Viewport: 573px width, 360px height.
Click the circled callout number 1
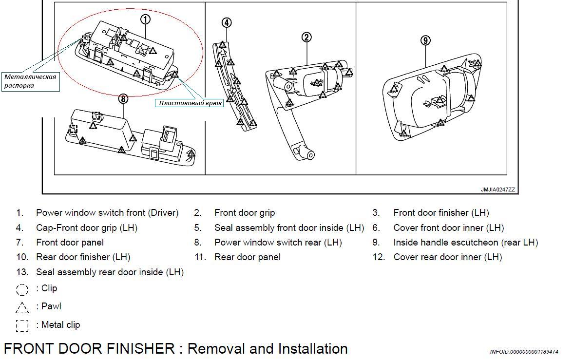point(145,19)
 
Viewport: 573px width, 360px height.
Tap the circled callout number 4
point(226,22)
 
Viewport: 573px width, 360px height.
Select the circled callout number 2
point(306,37)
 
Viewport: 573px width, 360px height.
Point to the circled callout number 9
point(425,40)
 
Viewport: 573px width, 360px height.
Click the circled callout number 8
point(123,99)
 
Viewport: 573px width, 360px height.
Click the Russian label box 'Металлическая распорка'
point(31,81)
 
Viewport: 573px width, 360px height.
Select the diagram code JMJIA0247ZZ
point(497,189)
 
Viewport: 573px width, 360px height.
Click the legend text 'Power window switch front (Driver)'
point(107,213)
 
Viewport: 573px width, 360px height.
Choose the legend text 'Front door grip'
point(245,213)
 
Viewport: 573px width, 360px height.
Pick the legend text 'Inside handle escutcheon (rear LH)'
point(465,242)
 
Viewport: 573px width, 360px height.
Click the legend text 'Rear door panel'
point(248,257)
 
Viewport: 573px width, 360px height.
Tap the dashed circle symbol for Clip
point(22,289)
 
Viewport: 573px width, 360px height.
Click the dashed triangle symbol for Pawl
point(22,307)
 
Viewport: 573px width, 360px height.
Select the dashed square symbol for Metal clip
point(22,325)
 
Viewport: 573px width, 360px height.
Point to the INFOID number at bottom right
point(524,352)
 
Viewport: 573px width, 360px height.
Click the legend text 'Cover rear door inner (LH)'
point(447,257)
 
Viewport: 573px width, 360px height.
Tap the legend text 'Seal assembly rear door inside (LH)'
point(110,272)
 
